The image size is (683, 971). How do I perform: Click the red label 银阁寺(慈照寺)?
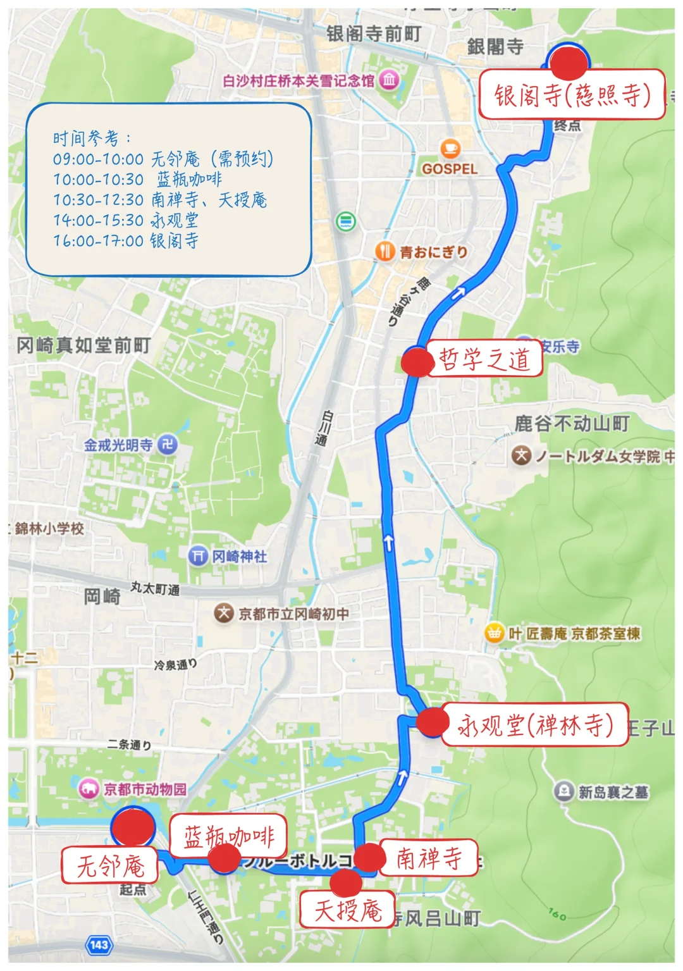coord(572,95)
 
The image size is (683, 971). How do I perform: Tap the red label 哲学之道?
coord(484,359)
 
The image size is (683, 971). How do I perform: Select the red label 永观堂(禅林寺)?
coord(535,725)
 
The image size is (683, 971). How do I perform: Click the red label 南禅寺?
coord(429,858)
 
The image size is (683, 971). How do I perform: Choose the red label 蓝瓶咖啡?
coord(228,836)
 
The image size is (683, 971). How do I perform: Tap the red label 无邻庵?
coord(110,865)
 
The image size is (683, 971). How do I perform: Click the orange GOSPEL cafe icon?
coord(450,149)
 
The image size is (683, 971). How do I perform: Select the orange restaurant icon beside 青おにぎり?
coord(385,251)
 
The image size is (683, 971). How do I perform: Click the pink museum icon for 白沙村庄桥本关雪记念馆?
coord(389,80)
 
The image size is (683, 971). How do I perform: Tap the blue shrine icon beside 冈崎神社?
coord(199,556)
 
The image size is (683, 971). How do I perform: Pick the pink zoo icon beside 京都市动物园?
coord(89,789)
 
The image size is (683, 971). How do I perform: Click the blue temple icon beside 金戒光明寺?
coord(167,445)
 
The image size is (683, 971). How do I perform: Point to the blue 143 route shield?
coord(99,945)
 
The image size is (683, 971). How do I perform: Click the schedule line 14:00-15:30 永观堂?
coord(126,220)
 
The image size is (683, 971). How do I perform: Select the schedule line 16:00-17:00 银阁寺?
coord(126,240)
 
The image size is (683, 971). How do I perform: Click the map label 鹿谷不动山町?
coord(572,423)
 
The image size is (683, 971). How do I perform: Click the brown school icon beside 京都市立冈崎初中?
coord(223,613)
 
